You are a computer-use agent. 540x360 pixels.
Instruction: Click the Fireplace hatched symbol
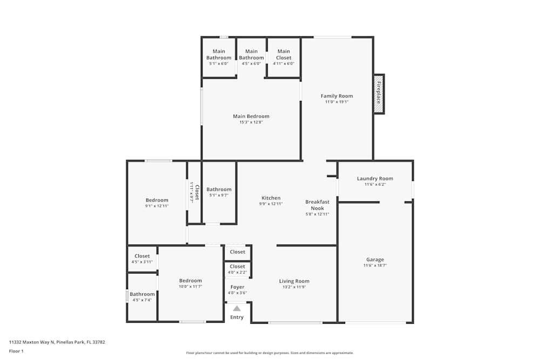tap(379, 94)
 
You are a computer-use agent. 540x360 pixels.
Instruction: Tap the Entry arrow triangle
tap(237, 308)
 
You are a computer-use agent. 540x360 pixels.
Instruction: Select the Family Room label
tap(336, 96)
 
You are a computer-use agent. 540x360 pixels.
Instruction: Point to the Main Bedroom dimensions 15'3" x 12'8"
tap(251, 123)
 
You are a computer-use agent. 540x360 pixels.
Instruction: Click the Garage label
tap(375, 260)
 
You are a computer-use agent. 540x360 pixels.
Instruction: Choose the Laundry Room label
tap(375, 179)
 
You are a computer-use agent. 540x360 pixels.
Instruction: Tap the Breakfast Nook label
tap(317, 205)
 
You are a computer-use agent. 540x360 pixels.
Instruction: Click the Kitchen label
tap(271, 198)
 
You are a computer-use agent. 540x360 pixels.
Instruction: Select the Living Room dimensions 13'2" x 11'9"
tap(294, 288)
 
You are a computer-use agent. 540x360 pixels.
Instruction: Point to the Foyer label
tap(237, 287)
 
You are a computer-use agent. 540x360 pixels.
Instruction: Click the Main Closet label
tap(283, 55)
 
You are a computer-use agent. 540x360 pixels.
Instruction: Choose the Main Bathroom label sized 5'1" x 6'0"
tap(219, 55)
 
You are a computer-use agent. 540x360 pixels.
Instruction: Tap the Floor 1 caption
tap(16, 351)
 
